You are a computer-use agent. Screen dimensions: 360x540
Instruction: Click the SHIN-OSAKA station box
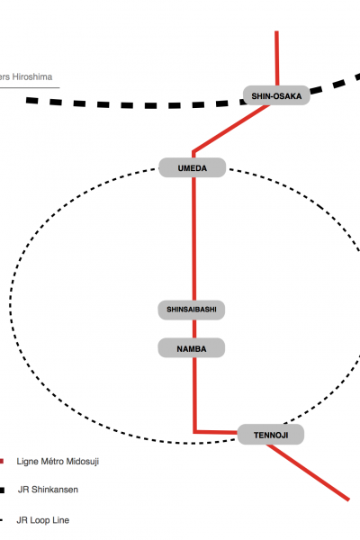point(276,95)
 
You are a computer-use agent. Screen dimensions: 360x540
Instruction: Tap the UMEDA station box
point(193,167)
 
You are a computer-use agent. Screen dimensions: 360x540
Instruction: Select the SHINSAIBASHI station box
point(192,310)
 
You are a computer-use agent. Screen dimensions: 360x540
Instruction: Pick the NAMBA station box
point(192,347)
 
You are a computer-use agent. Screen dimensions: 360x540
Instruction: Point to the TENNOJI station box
point(271,435)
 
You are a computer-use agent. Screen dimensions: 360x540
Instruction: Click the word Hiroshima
point(32,76)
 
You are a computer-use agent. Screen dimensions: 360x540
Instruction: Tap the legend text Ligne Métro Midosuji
point(58,461)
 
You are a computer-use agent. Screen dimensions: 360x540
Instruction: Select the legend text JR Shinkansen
point(48,490)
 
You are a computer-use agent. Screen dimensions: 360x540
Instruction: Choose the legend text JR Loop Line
point(43,520)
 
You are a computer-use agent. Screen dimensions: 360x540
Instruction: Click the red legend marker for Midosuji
point(2,461)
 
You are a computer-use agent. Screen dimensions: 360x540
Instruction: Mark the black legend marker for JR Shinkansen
point(2,490)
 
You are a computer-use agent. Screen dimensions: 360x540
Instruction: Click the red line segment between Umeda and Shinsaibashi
point(194,239)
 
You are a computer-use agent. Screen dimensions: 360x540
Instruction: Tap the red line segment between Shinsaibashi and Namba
point(194,328)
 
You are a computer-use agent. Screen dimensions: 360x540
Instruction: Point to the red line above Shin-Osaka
point(276,58)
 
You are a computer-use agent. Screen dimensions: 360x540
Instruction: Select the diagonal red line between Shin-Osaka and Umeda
point(230,129)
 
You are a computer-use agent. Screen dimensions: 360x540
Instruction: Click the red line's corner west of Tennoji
point(195,432)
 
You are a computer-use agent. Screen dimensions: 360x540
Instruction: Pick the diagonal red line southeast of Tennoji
point(308,472)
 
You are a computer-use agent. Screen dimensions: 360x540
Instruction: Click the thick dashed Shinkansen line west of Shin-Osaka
point(134,104)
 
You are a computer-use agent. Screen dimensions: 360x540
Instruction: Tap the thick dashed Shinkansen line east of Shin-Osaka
point(335,84)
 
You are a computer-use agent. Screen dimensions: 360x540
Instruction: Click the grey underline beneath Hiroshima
point(30,87)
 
